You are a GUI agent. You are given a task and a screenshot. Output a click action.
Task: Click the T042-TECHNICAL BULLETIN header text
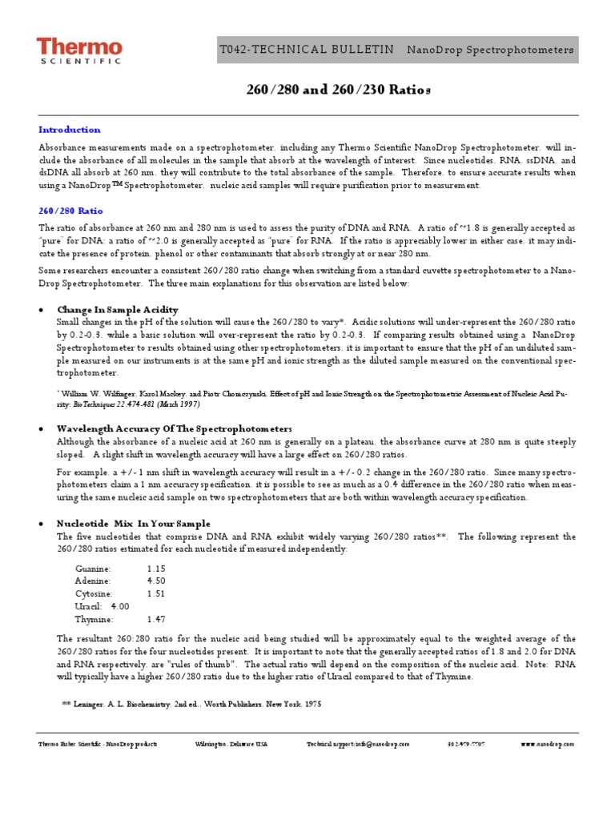(307, 50)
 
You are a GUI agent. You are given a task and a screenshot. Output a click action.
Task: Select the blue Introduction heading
(70, 130)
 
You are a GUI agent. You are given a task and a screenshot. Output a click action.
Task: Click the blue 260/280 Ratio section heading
(71, 211)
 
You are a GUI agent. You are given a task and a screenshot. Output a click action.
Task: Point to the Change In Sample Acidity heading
(117, 310)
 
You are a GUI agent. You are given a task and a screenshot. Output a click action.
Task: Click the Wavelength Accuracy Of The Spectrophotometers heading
(175, 429)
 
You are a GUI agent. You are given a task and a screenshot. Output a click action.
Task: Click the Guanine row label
(94, 568)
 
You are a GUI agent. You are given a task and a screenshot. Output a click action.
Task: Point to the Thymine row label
(94, 619)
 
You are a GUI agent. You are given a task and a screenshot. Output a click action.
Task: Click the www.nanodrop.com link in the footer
(548, 744)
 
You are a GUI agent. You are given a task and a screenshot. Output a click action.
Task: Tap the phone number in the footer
(466, 744)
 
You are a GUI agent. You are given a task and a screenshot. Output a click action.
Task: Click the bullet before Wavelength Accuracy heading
(42, 430)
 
